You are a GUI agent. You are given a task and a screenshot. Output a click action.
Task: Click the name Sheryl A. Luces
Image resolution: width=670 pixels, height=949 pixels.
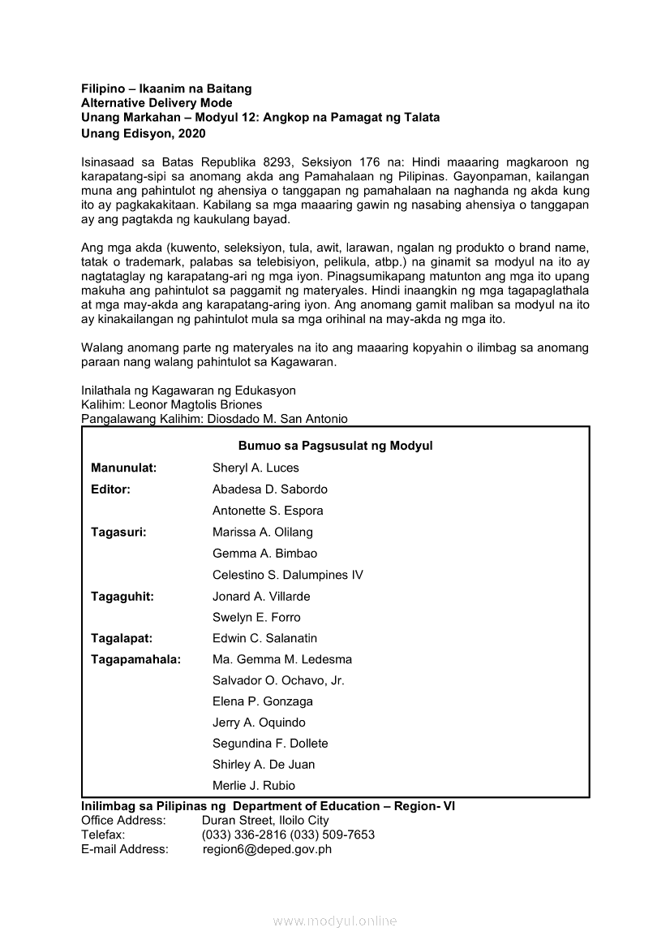(x=256, y=468)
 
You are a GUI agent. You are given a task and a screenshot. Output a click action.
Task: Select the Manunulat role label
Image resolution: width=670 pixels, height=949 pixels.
(x=124, y=468)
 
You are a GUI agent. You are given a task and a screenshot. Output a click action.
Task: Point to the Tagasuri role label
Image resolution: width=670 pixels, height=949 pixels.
(x=118, y=533)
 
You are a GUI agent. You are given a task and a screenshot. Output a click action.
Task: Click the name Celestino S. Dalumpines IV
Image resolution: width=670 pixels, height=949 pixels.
(x=288, y=575)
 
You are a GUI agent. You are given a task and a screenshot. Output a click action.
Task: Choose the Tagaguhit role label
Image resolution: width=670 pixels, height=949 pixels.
(x=122, y=596)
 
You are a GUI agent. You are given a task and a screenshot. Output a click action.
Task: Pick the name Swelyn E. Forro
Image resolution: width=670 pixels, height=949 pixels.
(x=256, y=617)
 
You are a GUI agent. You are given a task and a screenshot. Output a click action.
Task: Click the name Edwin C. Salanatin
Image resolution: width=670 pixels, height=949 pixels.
(x=265, y=638)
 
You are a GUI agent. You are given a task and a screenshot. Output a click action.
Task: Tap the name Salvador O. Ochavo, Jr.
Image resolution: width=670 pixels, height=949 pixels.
(x=278, y=680)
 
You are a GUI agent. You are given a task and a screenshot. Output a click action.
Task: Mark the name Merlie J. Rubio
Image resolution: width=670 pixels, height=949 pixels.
(x=254, y=785)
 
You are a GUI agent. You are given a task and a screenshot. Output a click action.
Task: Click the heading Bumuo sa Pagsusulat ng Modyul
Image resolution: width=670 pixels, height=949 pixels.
(x=336, y=446)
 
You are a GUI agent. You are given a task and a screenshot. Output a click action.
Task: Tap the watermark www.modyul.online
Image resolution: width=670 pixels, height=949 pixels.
(x=335, y=921)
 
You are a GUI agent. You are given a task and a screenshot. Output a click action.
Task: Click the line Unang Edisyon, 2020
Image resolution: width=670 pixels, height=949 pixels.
(x=144, y=133)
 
